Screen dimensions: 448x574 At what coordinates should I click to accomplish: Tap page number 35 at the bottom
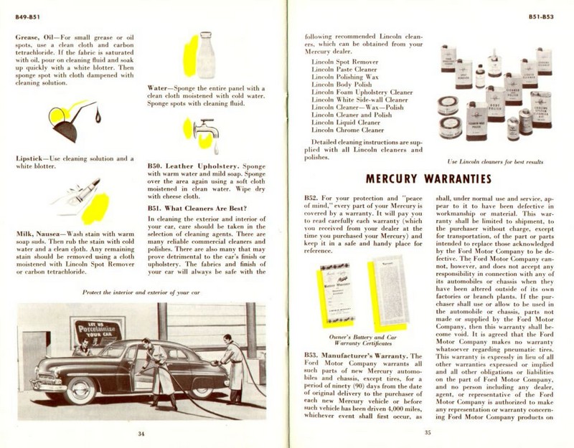coord(428,432)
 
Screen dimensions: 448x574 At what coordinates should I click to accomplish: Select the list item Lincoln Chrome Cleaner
coord(348,130)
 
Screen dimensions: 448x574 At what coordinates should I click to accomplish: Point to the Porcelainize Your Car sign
coord(97,332)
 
